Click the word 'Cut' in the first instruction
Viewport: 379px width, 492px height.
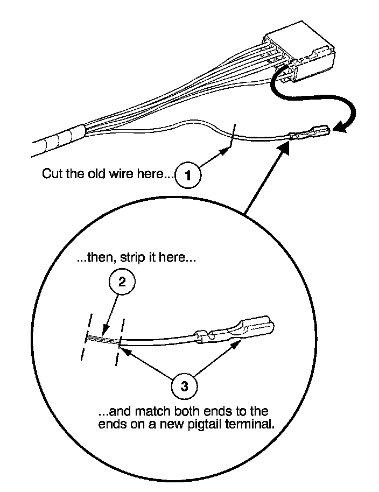(51, 174)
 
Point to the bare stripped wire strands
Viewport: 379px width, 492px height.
(102, 339)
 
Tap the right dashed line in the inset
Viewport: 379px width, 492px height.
(120, 341)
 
